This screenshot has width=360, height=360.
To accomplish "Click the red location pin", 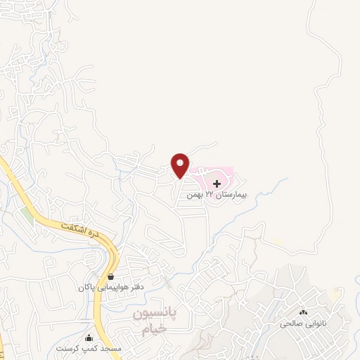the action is pyautogui.click(x=181, y=165).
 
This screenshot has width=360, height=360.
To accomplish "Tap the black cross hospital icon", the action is pyautogui.click(x=216, y=184).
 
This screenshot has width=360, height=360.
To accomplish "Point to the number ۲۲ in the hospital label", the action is pyautogui.click(x=210, y=193).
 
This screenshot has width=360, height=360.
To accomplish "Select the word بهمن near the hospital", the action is pyautogui.click(x=195, y=193).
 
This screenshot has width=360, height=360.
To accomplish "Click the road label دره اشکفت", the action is pyautogui.click(x=77, y=229).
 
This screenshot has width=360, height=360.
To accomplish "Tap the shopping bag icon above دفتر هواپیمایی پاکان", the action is pyautogui.click(x=112, y=276).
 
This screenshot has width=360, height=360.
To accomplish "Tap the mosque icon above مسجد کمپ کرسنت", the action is pyautogui.click(x=89, y=337).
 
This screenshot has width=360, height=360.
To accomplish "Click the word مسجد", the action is pyautogui.click(x=112, y=348).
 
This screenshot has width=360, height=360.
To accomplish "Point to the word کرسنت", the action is pyautogui.click(x=71, y=348).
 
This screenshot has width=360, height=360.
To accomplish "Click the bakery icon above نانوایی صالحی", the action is pyautogui.click(x=304, y=312).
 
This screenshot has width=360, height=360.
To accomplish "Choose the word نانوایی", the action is pyautogui.click(x=314, y=323).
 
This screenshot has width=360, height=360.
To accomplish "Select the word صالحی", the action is pyautogui.click(x=290, y=323).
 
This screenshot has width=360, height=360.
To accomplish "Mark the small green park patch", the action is pyautogui.click(x=27, y=215).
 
